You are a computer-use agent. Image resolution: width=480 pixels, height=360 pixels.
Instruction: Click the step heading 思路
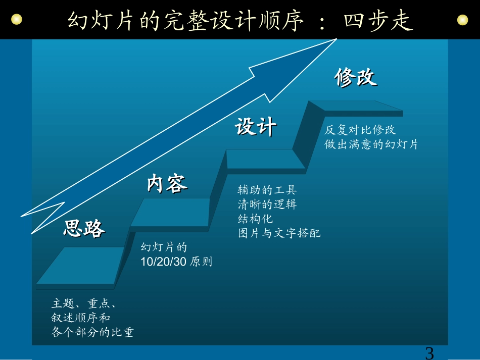[x=84, y=229]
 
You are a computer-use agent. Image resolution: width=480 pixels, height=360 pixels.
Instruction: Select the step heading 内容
[x=167, y=183]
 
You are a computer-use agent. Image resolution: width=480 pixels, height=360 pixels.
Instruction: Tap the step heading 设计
[x=256, y=127]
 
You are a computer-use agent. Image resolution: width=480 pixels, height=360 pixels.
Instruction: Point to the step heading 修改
[x=356, y=78]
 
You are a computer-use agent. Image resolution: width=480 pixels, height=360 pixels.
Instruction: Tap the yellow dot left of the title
[x=17, y=20]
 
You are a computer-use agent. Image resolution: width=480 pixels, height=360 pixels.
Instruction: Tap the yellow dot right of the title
[x=462, y=20]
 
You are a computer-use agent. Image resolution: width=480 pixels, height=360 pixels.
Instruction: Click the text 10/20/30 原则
[x=176, y=262]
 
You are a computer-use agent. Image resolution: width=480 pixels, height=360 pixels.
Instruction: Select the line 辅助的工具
[x=267, y=190]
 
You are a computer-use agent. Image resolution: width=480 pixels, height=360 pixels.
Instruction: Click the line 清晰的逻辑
[x=267, y=204]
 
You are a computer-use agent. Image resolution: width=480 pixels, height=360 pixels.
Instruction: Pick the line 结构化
[x=255, y=219]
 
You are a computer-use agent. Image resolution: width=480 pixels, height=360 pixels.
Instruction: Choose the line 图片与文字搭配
[x=279, y=233]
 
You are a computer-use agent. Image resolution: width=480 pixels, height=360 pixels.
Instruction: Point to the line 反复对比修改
[x=360, y=130]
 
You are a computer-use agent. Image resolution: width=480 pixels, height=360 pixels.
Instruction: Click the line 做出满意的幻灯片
[x=371, y=144]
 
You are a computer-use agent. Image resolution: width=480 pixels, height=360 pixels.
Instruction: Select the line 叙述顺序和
[x=81, y=318]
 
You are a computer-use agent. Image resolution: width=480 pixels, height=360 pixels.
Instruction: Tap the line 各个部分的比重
[x=92, y=332]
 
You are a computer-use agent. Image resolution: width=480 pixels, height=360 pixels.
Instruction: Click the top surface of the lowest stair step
[x=81, y=265]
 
